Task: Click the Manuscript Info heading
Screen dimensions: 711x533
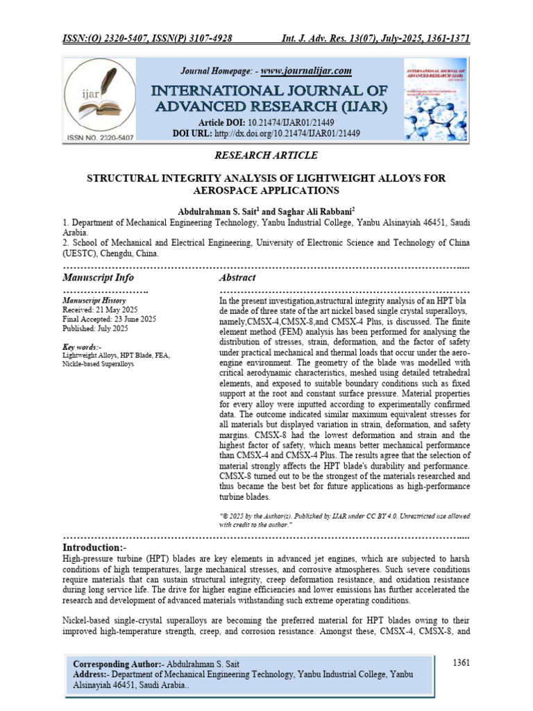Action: [x=98, y=277]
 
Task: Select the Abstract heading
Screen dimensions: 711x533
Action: [x=237, y=277]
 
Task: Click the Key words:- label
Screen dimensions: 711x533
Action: [x=82, y=346]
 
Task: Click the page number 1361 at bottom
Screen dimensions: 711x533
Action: [x=461, y=662]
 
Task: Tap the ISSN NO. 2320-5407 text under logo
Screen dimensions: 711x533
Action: [x=100, y=138]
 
